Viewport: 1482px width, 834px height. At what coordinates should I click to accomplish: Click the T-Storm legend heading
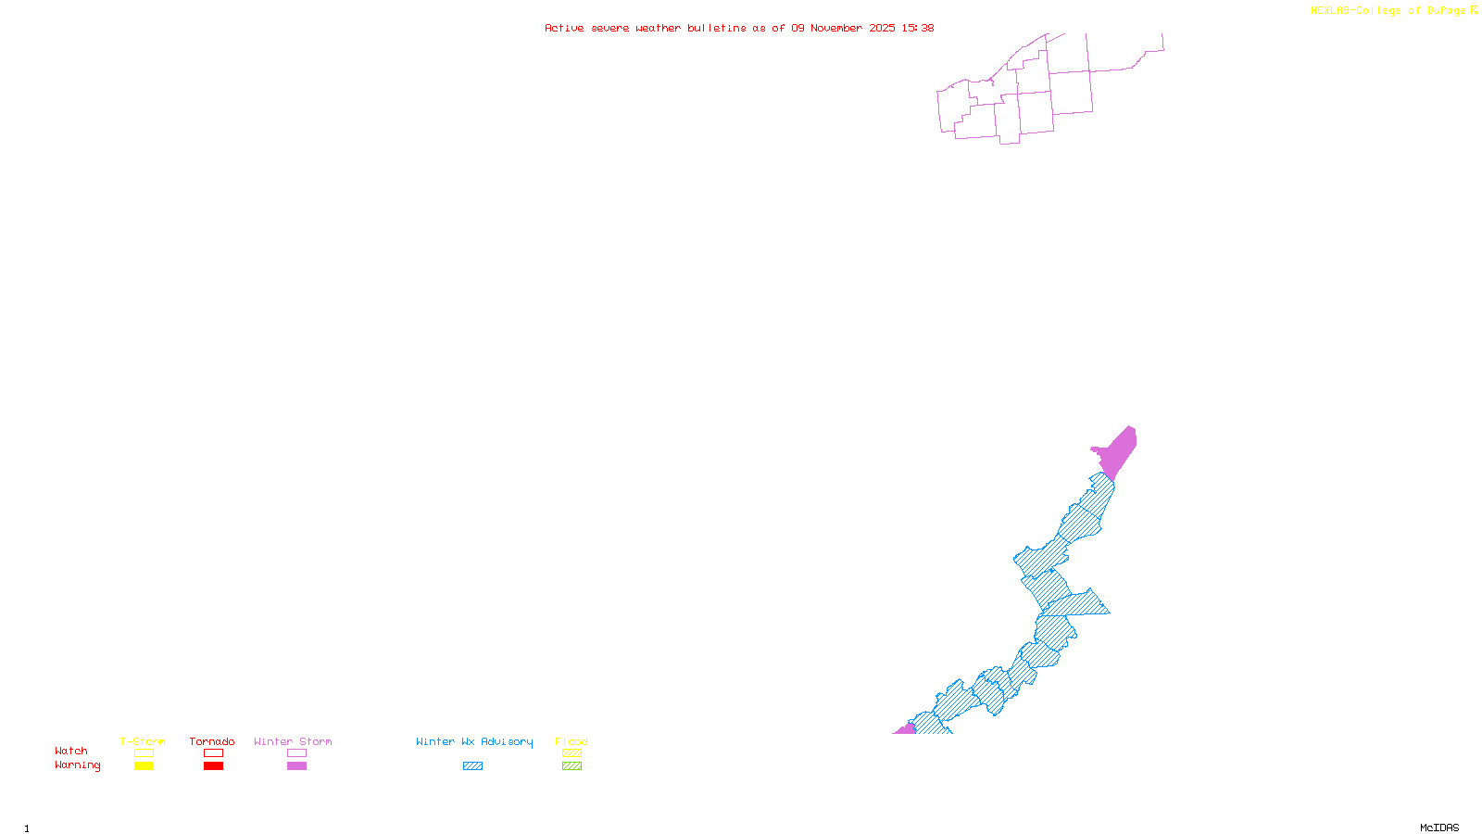point(143,741)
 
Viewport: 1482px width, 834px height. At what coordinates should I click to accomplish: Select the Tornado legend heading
point(212,741)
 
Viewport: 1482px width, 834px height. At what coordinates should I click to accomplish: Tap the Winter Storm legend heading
point(293,741)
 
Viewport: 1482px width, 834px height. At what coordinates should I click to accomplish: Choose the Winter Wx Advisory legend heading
point(474,741)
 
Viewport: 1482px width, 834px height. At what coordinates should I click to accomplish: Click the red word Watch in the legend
point(71,752)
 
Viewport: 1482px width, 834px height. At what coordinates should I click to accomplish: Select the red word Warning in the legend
point(78,765)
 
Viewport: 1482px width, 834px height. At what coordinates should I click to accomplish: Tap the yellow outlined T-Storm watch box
point(144,753)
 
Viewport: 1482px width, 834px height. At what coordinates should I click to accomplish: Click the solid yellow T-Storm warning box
point(144,766)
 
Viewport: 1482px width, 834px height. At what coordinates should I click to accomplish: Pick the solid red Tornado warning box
point(214,766)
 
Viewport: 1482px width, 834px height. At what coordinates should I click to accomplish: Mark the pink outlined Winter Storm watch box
point(296,753)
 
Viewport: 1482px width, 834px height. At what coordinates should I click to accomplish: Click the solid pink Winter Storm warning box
point(296,766)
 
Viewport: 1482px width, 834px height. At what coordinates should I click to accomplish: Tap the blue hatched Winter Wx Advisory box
point(472,766)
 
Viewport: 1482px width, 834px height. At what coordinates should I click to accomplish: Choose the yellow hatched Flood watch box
point(571,753)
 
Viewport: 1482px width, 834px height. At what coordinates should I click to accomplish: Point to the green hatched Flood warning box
point(571,766)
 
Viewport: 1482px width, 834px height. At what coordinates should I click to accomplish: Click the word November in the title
point(836,28)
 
